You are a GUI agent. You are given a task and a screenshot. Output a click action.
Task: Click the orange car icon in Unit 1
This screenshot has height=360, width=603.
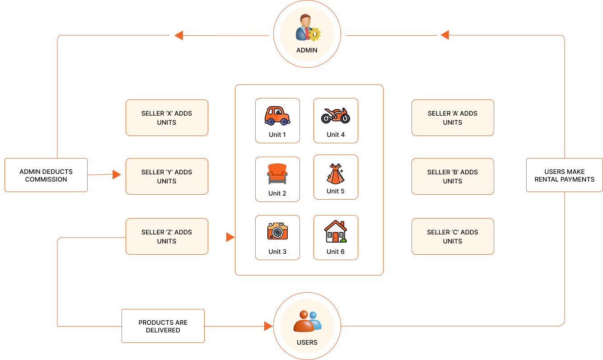[277, 116]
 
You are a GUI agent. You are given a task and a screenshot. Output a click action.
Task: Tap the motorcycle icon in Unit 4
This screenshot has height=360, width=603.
[336, 116]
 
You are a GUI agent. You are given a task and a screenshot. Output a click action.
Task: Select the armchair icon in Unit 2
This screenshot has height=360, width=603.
[277, 174]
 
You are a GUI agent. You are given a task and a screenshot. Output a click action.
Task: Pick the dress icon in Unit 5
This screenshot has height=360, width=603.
[336, 174]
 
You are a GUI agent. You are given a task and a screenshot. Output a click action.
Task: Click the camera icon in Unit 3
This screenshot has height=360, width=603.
[277, 231]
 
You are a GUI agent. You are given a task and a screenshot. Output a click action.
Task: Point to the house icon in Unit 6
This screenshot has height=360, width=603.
[336, 232]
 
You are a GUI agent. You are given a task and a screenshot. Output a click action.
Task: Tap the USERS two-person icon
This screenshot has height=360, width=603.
[307, 321]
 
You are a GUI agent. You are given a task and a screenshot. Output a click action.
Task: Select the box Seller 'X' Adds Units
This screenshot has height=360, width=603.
[167, 118]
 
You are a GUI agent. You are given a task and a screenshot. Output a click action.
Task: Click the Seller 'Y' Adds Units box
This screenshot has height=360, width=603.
[167, 177]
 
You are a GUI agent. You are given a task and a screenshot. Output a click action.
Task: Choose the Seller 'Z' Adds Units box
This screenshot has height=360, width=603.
[167, 237]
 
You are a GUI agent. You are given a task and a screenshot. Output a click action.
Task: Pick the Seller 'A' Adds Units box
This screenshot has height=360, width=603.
[453, 118]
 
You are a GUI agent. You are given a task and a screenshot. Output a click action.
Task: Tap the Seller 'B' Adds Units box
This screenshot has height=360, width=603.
[453, 177]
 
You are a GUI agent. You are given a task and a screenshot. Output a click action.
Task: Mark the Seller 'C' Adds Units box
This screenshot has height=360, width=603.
[453, 237]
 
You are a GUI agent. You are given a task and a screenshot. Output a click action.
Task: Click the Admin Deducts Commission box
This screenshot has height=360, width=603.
[46, 175]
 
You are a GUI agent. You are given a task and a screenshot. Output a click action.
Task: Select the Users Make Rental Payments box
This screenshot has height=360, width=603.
[564, 175]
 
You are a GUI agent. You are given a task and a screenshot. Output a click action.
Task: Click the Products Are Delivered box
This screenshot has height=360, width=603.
[163, 326]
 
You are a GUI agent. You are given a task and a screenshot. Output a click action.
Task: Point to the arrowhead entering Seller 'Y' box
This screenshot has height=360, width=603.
[117, 174]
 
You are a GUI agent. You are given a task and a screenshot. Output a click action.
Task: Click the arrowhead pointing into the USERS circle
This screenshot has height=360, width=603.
[268, 326]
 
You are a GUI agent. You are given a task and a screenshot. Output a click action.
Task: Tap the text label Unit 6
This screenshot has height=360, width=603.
[336, 252]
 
